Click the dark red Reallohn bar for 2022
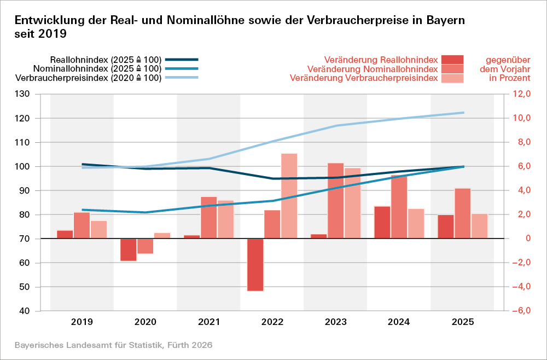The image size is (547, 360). pyautogui.click(x=255, y=265)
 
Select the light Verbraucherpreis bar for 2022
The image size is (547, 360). pyautogui.click(x=289, y=196)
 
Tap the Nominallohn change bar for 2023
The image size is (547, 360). pyautogui.click(x=336, y=201)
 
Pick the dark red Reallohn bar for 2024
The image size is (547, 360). pyautogui.click(x=382, y=222)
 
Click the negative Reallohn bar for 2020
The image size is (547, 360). pyautogui.click(x=129, y=249)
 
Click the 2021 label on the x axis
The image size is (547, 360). pyautogui.click(x=208, y=322)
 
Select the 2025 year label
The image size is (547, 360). pyautogui.click(x=462, y=322)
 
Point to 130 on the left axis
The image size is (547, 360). pyautogui.click(x=37, y=94)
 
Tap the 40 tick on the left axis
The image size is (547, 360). pyautogui.click(x=38, y=311)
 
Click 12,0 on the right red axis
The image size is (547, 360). pyautogui.click(x=521, y=94)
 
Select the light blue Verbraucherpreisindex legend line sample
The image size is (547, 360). pyautogui.click(x=182, y=78)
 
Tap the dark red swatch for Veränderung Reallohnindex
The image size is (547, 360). pyautogui.click(x=452, y=59)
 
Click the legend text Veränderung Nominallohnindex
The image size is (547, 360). pyautogui.click(x=373, y=69)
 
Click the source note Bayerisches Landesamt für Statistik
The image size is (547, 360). pyautogui.click(x=113, y=345)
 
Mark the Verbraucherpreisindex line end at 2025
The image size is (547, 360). pyautogui.click(x=463, y=113)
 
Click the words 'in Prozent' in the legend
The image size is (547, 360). pyautogui.click(x=510, y=78)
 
